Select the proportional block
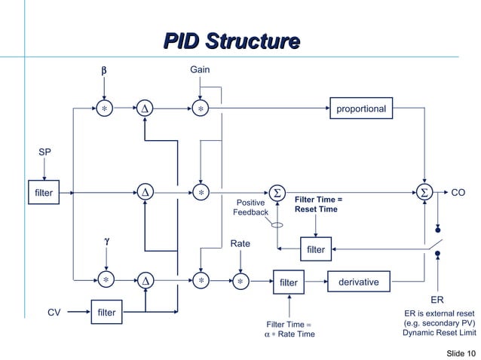click(x=361, y=109)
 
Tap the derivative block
click(x=358, y=282)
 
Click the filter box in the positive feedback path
click(x=316, y=249)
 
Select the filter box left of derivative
click(x=289, y=283)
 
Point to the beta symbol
click(x=105, y=71)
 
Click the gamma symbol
click(x=106, y=240)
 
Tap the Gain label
click(x=200, y=70)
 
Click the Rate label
click(x=240, y=244)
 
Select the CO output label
click(x=458, y=193)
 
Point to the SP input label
click(x=44, y=153)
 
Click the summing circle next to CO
click(x=426, y=193)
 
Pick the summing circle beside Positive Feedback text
click(x=277, y=193)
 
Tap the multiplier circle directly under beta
click(x=105, y=109)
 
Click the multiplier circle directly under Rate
click(x=240, y=282)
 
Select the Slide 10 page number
click(x=460, y=353)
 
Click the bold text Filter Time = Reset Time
click(x=318, y=204)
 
